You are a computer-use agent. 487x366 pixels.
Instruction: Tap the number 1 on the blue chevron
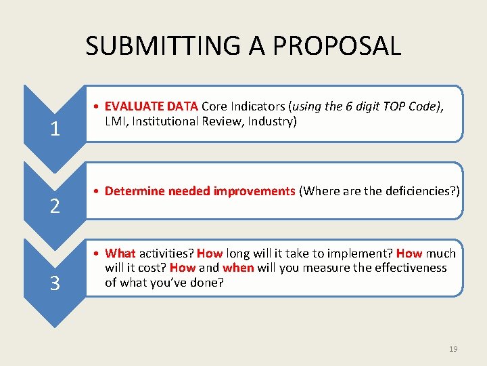pos(55,128)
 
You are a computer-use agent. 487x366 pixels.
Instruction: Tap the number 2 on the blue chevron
pos(55,205)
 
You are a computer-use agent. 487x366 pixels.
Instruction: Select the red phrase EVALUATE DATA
pos(152,106)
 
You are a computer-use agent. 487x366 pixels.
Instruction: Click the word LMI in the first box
pos(116,121)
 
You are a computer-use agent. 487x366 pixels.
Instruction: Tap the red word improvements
pos(254,191)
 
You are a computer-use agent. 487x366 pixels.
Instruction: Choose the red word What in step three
pos(120,253)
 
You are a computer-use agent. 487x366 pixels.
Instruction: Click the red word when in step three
pos(238,268)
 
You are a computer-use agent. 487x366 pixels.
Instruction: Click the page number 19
pos(453,349)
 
